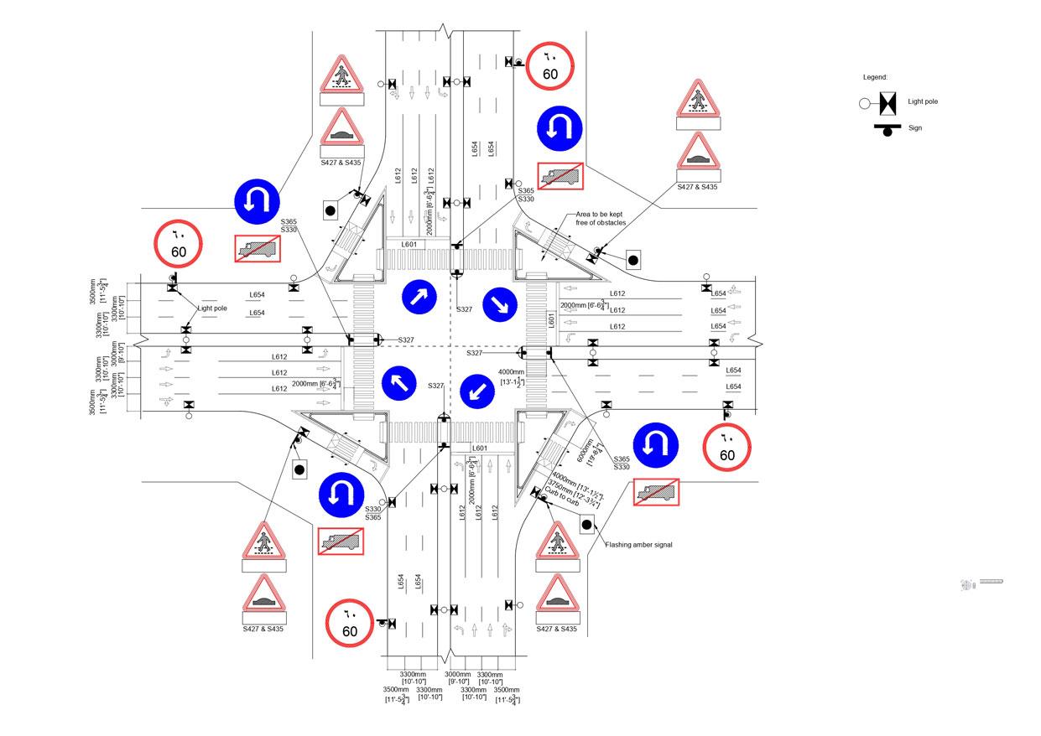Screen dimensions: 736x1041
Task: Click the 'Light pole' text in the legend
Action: point(923,101)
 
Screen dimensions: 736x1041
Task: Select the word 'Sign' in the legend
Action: point(914,128)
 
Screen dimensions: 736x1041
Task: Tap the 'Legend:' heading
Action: point(875,77)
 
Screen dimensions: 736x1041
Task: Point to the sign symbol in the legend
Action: point(886,129)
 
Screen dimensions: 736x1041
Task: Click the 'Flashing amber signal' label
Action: point(638,545)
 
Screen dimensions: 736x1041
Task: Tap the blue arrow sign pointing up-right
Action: point(420,296)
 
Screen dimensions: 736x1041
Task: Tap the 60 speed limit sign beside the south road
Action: point(350,623)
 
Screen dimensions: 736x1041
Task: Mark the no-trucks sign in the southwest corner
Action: point(341,541)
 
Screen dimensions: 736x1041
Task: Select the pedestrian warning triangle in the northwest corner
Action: point(341,76)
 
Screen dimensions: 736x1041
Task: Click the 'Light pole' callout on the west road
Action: point(213,308)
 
